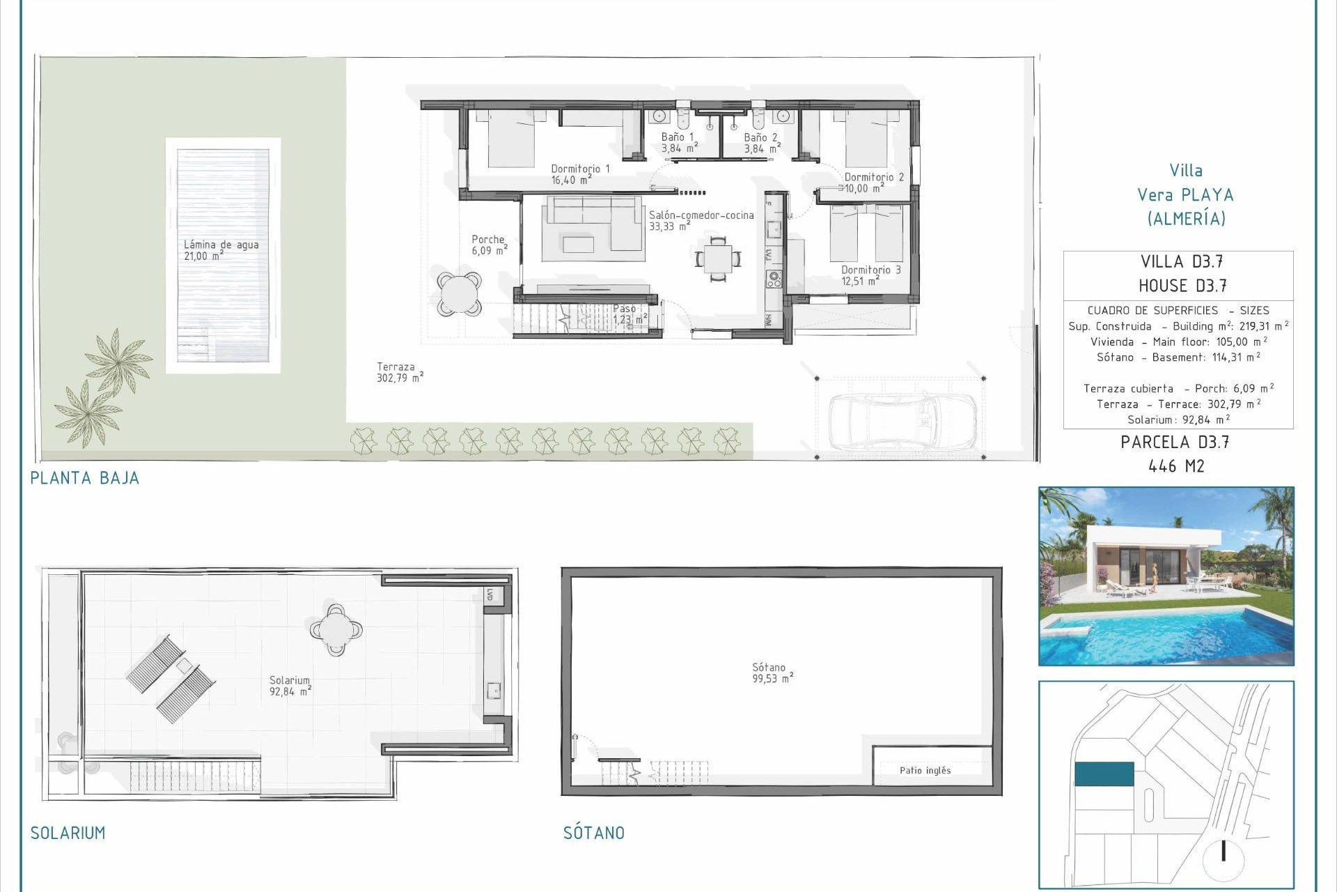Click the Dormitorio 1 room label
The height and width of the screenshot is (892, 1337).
click(x=579, y=174)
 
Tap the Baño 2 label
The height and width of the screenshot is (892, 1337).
click(x=760, y=143)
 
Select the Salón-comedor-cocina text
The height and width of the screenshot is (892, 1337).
click(x=701, y=220)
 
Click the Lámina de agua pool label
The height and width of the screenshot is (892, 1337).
click(x=221, y=249)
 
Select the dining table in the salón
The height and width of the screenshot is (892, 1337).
click(x=718, y=259)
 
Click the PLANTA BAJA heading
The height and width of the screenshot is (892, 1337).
click(x=84, y=478)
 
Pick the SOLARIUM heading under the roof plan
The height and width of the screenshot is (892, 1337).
click(x=68, y=833)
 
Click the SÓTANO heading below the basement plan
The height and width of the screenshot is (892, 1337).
click(x=593, y=833)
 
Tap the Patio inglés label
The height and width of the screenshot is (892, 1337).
click(x=925, y=770)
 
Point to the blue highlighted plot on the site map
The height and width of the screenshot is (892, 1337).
click(x=1104, y=774)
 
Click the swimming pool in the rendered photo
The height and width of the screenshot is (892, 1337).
click(x=1177, y=634)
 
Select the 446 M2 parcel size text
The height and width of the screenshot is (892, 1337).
click(x=1175, y=466)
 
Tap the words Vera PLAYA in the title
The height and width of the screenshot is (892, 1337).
click(x=1185, y=195)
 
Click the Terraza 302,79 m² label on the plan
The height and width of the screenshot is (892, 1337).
click(x=399, y=372)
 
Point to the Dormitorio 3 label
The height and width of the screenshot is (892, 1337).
click(x=870, y=275)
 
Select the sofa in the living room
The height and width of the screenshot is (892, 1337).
click(x=593, y=223)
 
